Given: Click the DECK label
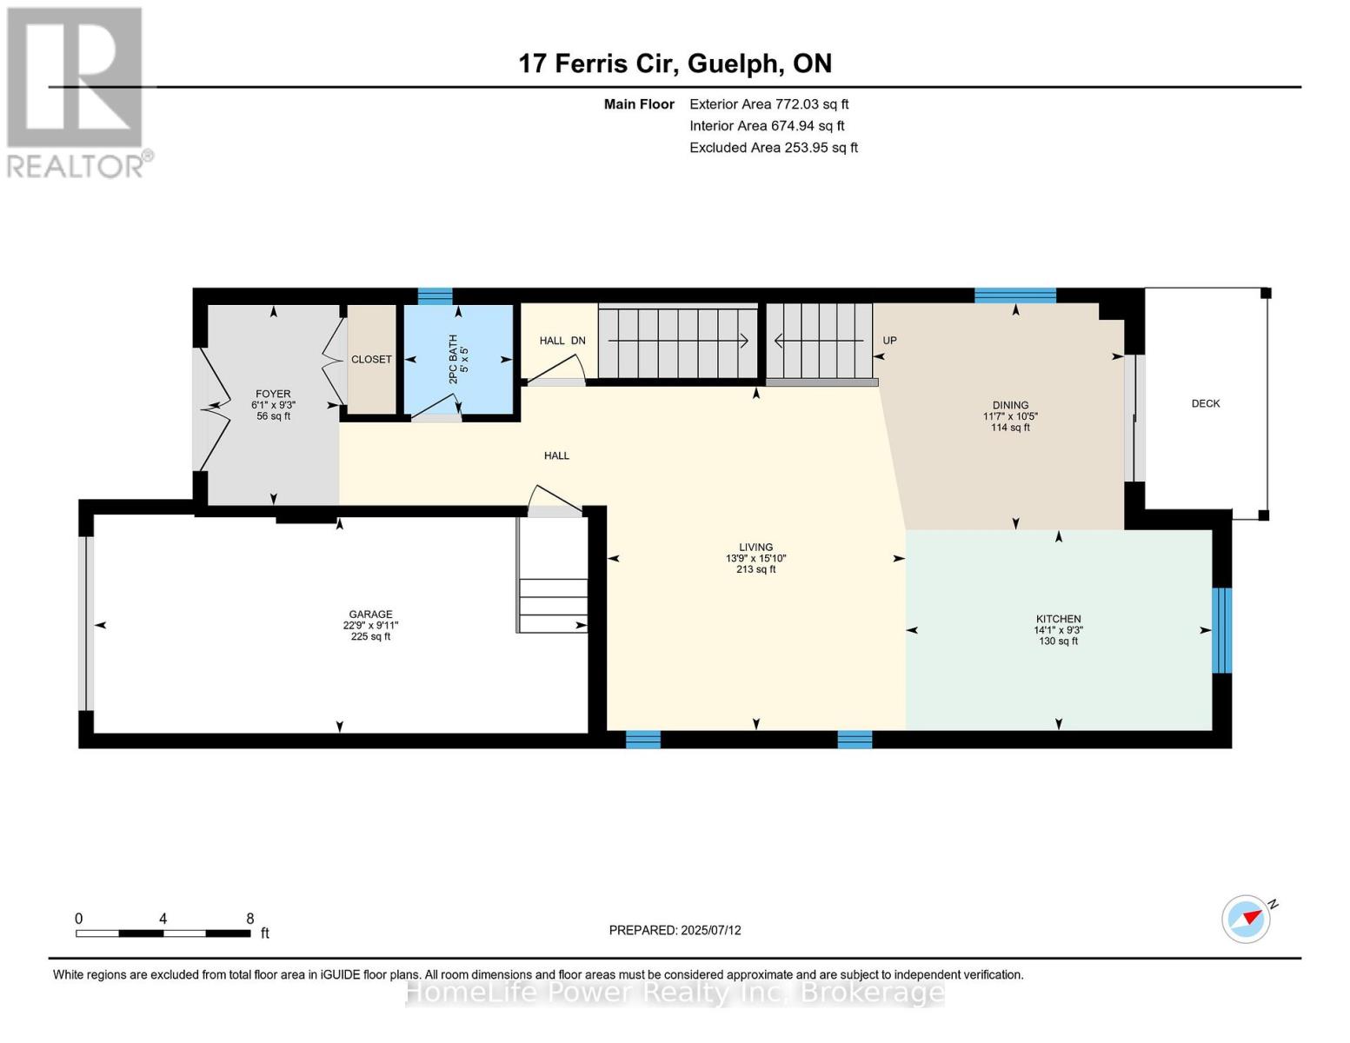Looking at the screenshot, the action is (x=1205, y=404).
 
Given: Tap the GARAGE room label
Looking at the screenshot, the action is (x=370, y=615).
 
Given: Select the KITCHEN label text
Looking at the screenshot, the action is (x=1058, y=619).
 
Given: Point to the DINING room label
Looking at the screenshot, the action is (x=1010, y=405).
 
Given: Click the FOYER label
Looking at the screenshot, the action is (x=273, y=394).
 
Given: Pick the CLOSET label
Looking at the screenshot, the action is (x=371, y=360).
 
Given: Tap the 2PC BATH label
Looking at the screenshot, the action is (x=453, y=359).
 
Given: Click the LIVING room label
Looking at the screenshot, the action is (x=755, y=548).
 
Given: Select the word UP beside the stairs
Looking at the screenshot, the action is (x=889, y=341).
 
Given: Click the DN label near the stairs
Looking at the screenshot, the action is (x=578, y=341).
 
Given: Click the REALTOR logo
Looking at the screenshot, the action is (x=77, y=93).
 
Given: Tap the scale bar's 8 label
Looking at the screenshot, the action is (x=249, y=919).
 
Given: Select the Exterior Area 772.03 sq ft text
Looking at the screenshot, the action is (x=768, y=104).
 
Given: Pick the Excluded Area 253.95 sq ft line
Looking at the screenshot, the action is (x=774, y=148).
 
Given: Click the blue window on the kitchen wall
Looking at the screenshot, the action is (x=1221, y=630).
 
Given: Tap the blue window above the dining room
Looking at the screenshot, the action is (x=1015, y=296).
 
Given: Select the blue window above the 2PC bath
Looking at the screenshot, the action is (x=435, y=296).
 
